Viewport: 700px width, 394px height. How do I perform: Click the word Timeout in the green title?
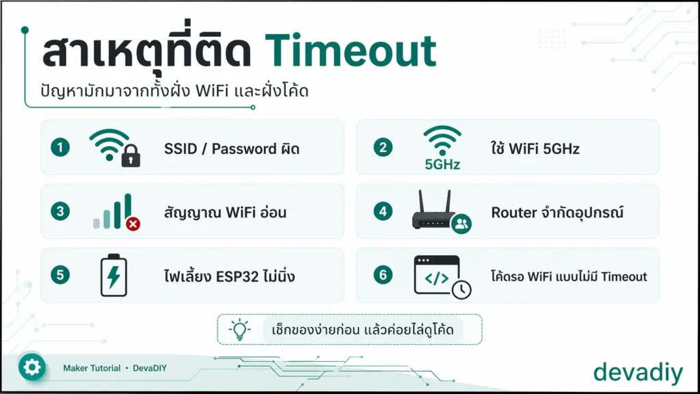(x=351, y=51)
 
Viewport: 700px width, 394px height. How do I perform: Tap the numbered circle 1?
(x=60, y=148)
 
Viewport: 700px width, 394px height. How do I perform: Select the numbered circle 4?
(x=383, y=211)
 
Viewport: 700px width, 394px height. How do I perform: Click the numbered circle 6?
(x=383, y=275)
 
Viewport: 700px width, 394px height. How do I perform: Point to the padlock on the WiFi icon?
(x=131, y=155)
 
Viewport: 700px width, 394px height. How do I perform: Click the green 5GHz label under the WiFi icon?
(x=442, y=165)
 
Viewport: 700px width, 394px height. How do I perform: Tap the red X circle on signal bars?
(x=133, y=224)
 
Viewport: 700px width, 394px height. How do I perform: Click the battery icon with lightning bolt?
(x=114, y=275)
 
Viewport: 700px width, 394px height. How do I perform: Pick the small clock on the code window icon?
(x=461, y=289)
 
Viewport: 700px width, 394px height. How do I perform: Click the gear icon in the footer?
(x=31, y=367)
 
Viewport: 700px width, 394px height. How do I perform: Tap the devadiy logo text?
(x=638, y=371)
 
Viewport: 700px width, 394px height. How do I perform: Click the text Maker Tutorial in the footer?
(x=92, y=368)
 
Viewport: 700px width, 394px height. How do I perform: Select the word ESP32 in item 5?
(x=237, y=276)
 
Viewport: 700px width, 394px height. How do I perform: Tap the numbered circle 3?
(x=60, y=211)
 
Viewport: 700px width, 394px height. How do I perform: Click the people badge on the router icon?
(x=461, y=224)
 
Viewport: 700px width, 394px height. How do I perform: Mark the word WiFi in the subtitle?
(x=212, y=91)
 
